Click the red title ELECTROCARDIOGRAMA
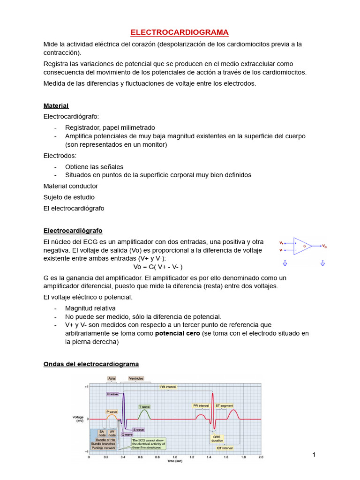[180, 32]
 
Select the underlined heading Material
[56, 105]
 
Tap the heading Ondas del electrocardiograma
[91, 364]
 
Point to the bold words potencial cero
[177, 333]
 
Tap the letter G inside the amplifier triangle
[305, 246]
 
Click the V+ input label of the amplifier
[281, 243]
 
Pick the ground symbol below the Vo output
[323, 263]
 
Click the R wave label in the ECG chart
[112, 394]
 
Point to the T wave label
[143, 406]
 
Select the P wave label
[112, 411]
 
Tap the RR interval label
[168, 387]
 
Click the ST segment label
[224, 405]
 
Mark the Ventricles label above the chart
[136, 378]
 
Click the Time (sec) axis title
[175, 461]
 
